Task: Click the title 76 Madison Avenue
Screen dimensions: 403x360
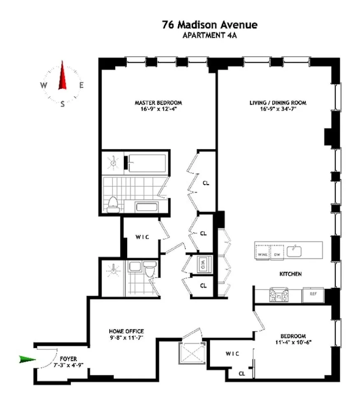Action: click(x=210, y=25)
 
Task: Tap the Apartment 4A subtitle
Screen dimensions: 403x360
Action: click(x=210, y=35)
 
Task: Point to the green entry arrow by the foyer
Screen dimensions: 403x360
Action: click(x=28, y=359)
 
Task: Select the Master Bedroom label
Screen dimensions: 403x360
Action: click(x=158, y=103)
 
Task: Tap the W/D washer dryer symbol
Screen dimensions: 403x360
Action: click(x=203, y=263)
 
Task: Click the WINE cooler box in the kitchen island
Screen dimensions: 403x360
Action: click(x=262, y=251)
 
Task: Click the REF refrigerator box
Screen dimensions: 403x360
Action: click(x=313, y=294)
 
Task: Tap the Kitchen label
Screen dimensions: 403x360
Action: click(x=290, y=273)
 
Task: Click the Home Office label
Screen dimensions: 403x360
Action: click(x=126, y=331)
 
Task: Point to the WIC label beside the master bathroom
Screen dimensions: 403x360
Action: click(x=141, y=237)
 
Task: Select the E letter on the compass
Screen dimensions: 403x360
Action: click(x=81, y=86)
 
